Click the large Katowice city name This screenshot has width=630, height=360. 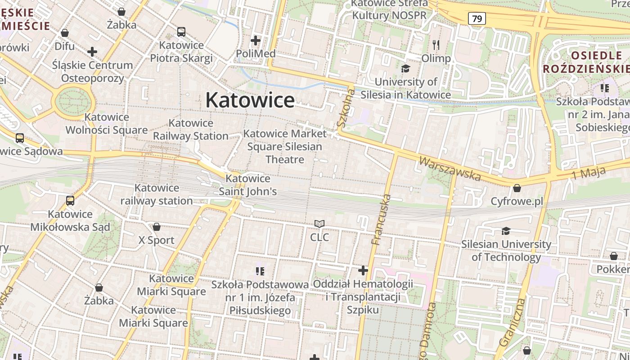[x=250, y=100]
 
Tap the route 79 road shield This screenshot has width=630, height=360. [x=477, y=18]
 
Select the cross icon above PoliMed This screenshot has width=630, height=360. [x=256, y=41]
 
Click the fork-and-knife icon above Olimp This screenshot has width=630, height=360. [x=436, y=45]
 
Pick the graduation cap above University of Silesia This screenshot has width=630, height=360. [x=406, y=68]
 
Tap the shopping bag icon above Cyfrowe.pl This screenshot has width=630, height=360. [x=517, y=188]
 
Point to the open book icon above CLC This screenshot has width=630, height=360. [x=319, y=224]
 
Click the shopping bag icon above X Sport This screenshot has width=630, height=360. [x=157, y=227]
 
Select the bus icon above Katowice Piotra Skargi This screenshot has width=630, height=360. [x=181, y=32]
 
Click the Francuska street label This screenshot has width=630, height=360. [x=381, y=219]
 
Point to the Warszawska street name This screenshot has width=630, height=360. [x=450, y=168]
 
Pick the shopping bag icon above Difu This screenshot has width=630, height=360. [x=65, y=33]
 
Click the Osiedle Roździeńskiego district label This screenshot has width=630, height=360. [x=586, y=62]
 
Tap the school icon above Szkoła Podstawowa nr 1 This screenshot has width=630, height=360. [x=260, y=271]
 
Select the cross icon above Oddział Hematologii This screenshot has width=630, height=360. [x=363, y=270]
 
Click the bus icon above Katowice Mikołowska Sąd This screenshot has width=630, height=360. [x=70, y=201]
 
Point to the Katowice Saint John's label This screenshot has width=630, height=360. [x=247, y=185]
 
